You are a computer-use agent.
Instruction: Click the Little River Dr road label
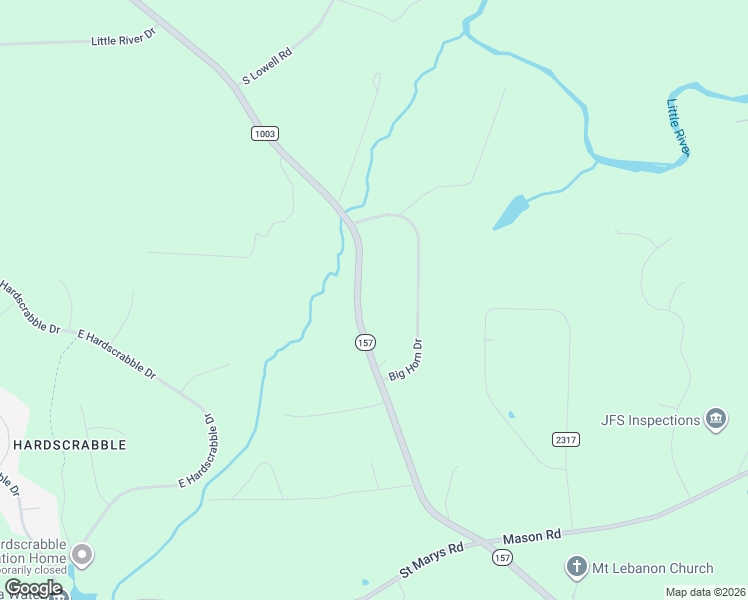coord(124,39)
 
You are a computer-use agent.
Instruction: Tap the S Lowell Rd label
coord(266,67)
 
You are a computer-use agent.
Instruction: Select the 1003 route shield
coord(265,133)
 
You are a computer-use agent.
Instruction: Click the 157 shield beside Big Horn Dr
coord(365,342)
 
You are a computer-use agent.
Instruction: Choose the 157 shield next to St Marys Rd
coord(501,557)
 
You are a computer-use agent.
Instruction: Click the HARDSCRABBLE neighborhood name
coord(70,445)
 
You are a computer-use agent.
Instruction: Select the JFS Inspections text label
coord(650,420)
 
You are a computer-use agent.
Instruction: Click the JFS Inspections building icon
coord(716,419)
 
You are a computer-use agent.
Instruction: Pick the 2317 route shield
coord(566,439)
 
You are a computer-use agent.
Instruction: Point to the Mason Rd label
coord(532,537)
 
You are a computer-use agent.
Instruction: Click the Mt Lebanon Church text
coord(651,568)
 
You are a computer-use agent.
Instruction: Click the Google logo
coord(32,588)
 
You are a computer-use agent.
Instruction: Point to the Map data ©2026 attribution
coord(705,592)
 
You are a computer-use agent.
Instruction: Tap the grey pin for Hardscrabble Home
coord(82,553)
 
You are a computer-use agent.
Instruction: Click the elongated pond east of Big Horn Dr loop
coord(510,212)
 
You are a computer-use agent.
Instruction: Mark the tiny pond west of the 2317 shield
coord(511,414)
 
